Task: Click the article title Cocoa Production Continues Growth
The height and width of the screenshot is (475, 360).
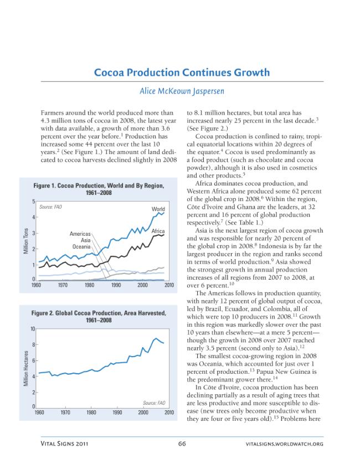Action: coord(182,73)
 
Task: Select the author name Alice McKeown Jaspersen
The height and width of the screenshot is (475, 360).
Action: coord(182,91)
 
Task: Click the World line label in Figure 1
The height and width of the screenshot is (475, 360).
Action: coord(158,209)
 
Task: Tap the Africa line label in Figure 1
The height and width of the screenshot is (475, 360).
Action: coord(158,231)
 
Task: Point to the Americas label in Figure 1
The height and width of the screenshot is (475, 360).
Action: coord(80,234)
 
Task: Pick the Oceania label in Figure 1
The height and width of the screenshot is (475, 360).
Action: coord(81,246)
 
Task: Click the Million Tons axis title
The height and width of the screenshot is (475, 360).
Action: coord(26,241)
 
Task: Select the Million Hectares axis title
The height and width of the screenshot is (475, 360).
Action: coord(26,368)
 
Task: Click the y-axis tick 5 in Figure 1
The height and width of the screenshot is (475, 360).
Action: coord(33,202)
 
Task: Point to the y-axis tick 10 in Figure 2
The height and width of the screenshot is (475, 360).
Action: coord(33,329)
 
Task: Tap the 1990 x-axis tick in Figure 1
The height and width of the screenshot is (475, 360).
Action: coord(116,285)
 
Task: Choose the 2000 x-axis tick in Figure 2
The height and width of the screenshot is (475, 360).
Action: coord(143,412)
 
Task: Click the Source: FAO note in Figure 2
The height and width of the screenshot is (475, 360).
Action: coord(154,403)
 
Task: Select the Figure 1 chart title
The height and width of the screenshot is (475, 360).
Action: coord(99,189)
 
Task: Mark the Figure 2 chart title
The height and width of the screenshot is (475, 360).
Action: coord(99,317)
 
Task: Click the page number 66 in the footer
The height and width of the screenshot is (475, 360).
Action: coord(182,444)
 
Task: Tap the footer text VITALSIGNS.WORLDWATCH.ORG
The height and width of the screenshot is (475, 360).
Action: coord(285,444)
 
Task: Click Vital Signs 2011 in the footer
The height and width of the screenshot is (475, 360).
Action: coord(65,444)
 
